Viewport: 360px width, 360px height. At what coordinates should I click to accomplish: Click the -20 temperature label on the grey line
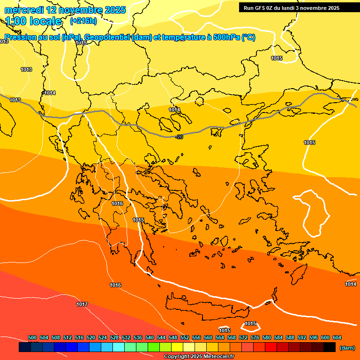pos(179,137)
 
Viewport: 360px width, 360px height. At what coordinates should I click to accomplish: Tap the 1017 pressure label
pos(82,304)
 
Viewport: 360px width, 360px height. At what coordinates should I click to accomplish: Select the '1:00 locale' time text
pos(33,21)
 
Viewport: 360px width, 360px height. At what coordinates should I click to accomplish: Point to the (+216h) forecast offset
pos(83,21)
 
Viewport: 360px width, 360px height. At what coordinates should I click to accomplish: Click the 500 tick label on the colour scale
pos(32,337)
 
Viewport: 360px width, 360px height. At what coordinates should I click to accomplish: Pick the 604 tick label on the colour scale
pos(337,337)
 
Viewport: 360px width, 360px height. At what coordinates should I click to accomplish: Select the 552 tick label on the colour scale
pos(185,337)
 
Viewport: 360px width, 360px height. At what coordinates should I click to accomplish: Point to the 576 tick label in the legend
pos(255,337)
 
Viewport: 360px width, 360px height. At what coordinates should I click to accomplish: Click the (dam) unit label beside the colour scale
pos(347,348)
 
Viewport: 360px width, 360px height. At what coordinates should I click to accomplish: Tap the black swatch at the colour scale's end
pos(330,347)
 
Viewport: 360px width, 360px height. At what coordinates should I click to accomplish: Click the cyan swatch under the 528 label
pos(119,347)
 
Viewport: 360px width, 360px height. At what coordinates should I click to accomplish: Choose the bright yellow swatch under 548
pos(177,347)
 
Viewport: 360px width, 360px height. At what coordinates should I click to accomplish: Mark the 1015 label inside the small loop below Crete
pos(250,323)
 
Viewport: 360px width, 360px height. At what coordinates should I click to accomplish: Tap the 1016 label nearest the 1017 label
pos(115,285)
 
